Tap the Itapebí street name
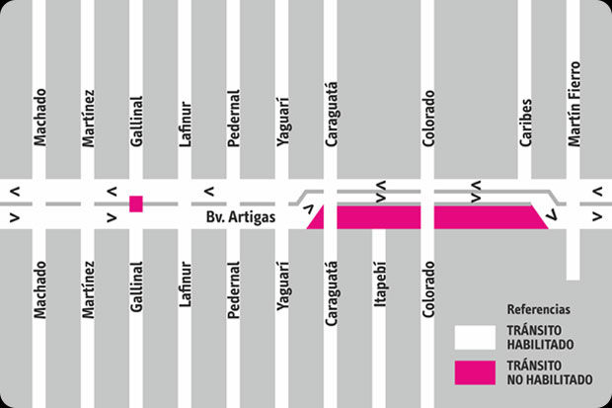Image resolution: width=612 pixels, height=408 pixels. click(x=380, y=286)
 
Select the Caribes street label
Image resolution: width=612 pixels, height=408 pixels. click(x=526, y=122)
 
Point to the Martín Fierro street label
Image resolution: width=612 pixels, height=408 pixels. click(x=574, y=104)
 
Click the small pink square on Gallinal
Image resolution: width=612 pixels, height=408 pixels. click(x=136, y=204)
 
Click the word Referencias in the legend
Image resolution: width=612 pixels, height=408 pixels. click(x=538, y=309)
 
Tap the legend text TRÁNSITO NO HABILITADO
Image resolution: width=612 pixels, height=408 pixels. click(x=549, y=372)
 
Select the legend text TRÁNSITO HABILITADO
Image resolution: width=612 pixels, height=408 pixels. click(x=541, y=337)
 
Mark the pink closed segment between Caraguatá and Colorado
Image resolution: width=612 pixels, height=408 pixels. click(x=378, y=217)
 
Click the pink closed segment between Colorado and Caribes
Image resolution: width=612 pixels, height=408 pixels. click(x=487, y=217)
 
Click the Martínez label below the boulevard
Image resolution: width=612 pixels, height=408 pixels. click(x=88, y=289)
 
